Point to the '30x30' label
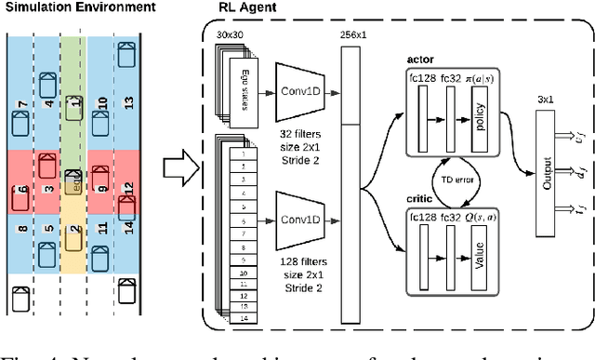(229, 34)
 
